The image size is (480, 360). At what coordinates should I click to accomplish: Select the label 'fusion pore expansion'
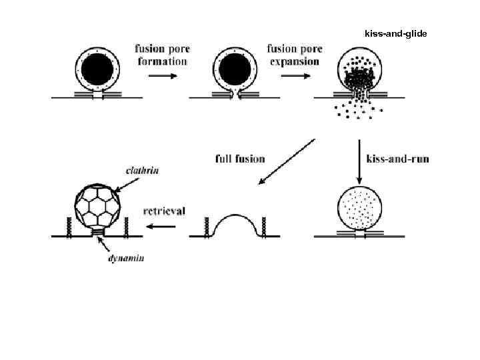(295, 55)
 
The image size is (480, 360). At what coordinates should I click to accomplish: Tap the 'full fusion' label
(240, 159)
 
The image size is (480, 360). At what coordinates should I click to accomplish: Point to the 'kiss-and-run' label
(397, 159)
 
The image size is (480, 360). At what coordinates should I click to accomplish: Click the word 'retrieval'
(165, 211)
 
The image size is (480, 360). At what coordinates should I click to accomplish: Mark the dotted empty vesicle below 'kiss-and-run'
(361, 207)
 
